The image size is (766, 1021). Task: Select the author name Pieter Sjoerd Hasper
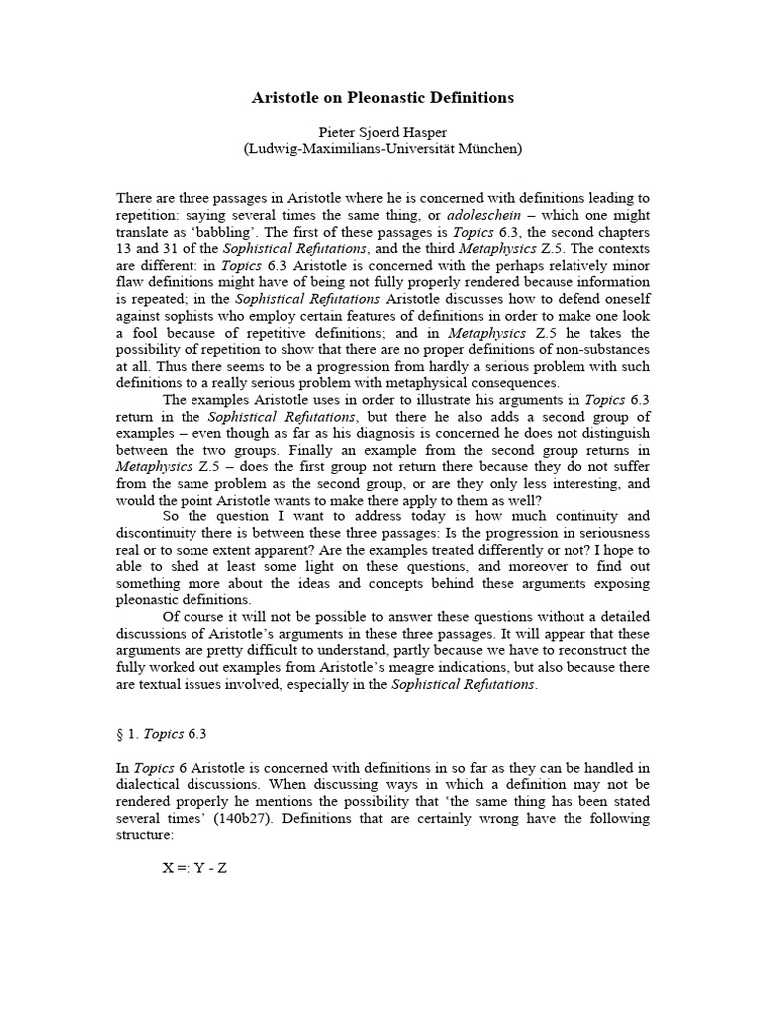tap(382, 132)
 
